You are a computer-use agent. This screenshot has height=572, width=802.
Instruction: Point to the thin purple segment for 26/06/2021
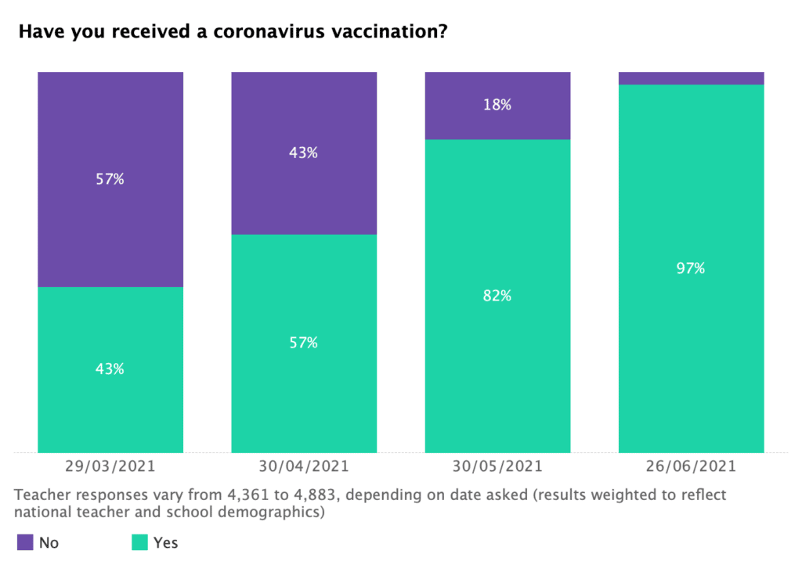coord(691,78)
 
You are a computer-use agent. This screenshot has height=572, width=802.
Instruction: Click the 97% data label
coord(691,268)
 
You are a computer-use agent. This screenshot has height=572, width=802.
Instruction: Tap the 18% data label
coord(497,105)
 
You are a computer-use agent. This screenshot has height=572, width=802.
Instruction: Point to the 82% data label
coord(497,296)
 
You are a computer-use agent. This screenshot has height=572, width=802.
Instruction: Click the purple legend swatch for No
coord(25,542)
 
